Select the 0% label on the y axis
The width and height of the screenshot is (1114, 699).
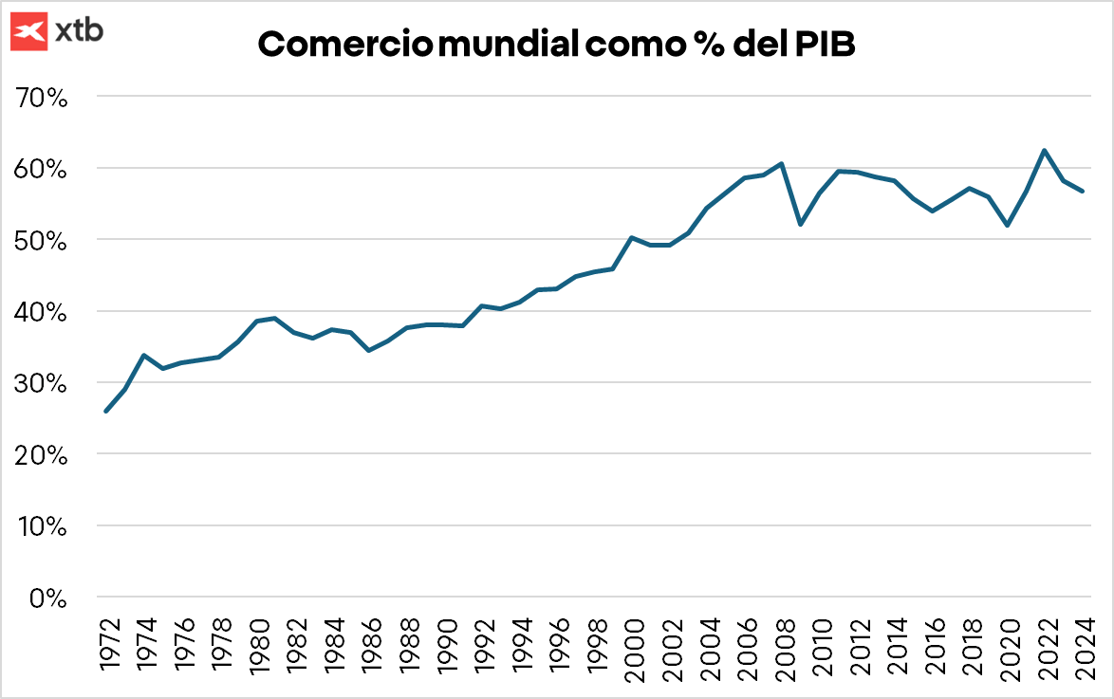point(47,598)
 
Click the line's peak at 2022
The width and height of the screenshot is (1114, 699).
point(1045,150)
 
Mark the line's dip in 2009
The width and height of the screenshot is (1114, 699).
point(801,224)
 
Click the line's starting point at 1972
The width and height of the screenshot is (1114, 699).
point(106,411)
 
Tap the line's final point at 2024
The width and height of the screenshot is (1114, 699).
point(1083,192)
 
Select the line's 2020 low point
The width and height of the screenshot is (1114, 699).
point(1007,225)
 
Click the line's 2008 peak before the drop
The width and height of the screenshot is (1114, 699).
point(781,163)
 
